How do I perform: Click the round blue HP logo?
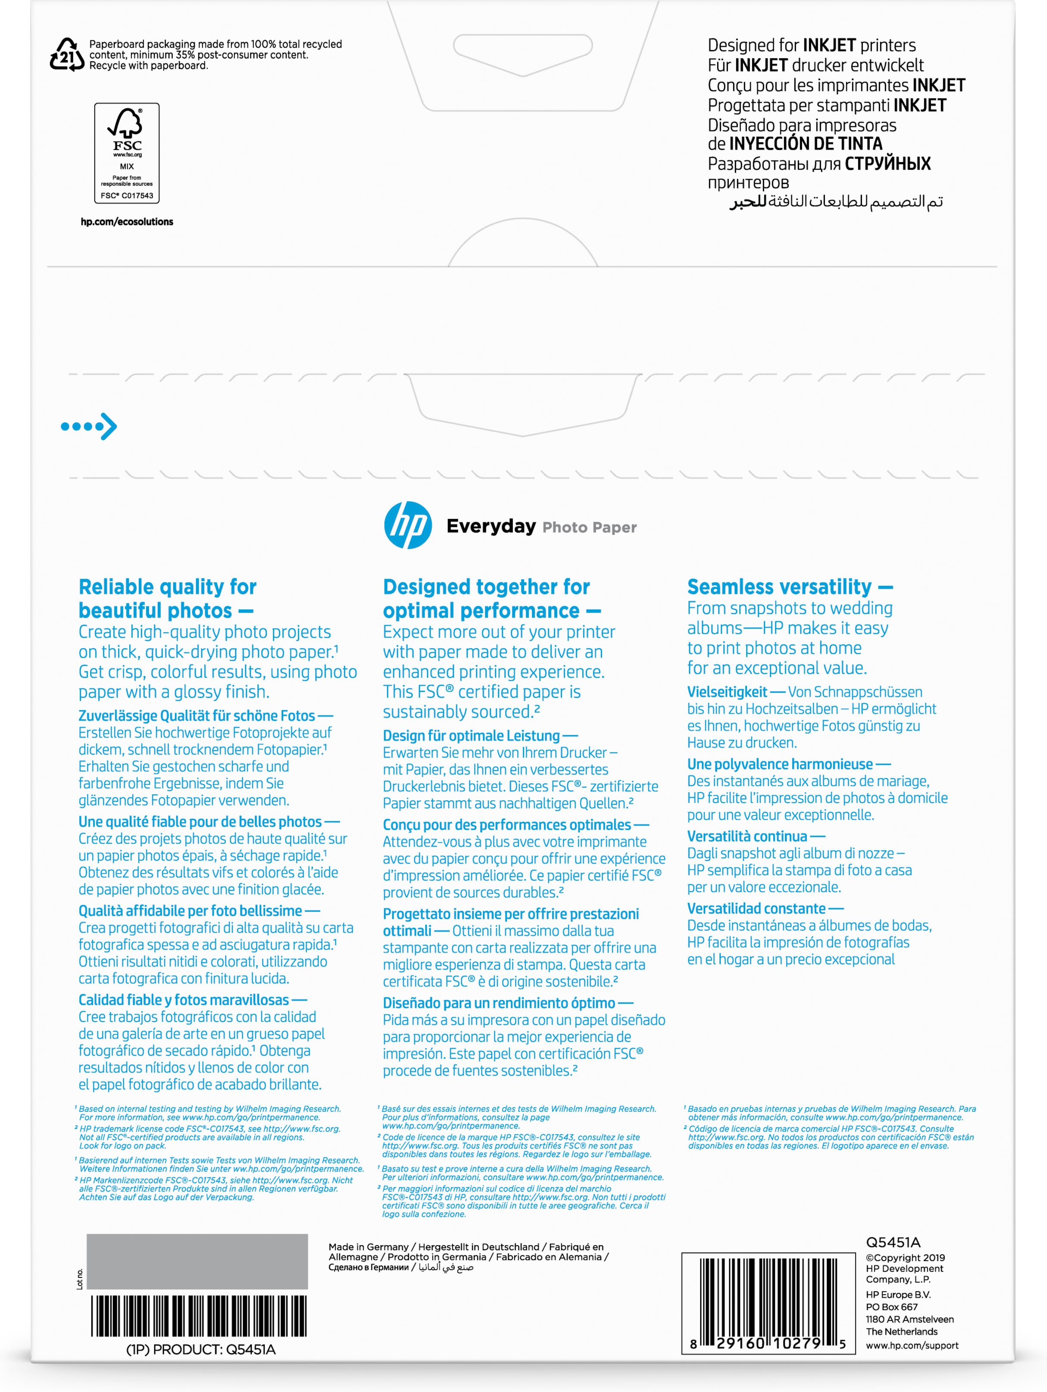pyautogui.click(x=408, y=525)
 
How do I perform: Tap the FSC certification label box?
pyautogui.click(x=127, y=153)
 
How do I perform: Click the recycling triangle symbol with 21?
pyautogui.click(x=67, y=55)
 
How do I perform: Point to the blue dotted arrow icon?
pyautogui.click(x=89, y=427)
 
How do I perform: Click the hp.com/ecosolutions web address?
pyautogui.click(x=127, y=222)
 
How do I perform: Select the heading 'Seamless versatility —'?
pyautogui.click(x=790, y=587)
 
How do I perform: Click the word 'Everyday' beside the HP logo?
pyautogui.click(x=491, y=526)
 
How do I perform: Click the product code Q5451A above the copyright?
pyautogui.click(x=893, y=1242)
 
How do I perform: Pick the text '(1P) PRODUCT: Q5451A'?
pyautogui.click(x=201, y=1350)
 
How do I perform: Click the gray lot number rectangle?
pyautogui.click(x=197, y=1261)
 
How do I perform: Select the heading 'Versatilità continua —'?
pyautogui.click(x=756, y=836)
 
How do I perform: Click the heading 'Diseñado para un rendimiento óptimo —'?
pyautogui.click(x=507, y=1003)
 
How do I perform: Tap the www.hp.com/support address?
pyautogui.click(x=912, y=1345)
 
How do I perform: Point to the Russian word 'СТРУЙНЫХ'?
pyautogui.click(x=887, y=164)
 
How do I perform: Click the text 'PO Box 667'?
pyautogui.click(x=891, y=1307)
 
